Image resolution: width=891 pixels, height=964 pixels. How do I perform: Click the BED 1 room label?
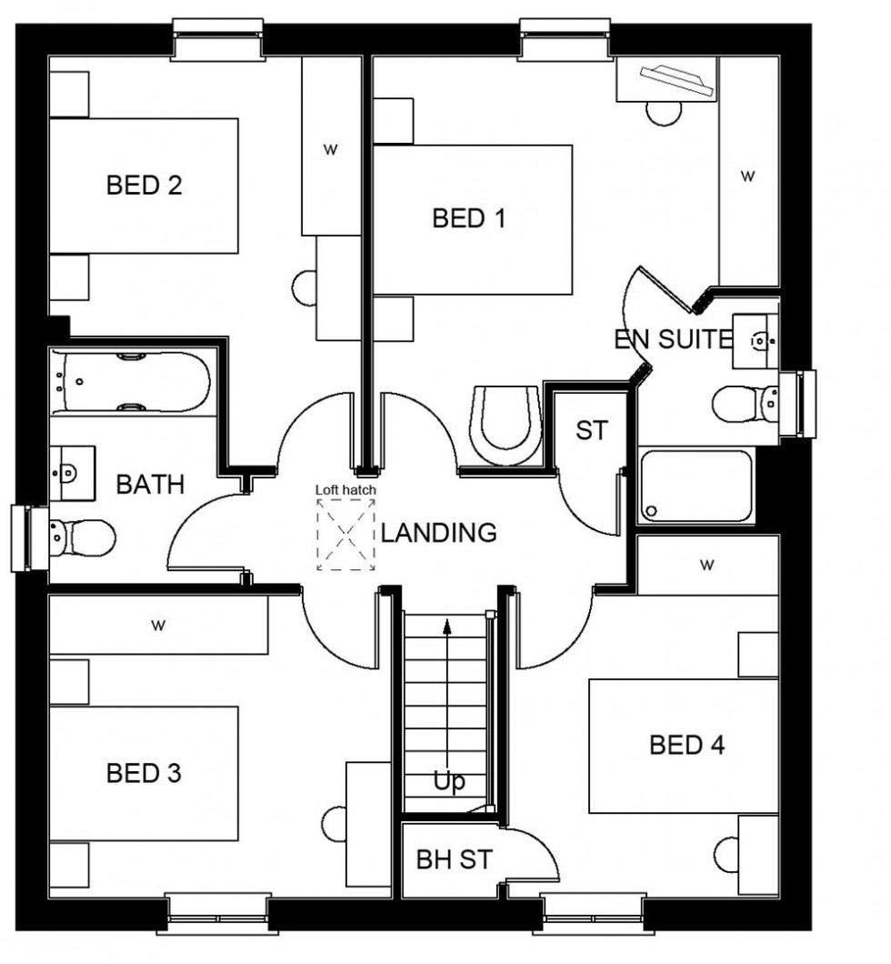coord(469,218)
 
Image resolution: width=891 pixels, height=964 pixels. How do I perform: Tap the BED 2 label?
coord(144,186)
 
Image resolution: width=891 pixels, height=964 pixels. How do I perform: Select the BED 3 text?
coord(144,774)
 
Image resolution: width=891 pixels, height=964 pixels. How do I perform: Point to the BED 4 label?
coord(687,746)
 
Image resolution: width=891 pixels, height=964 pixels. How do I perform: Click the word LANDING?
coord(438,533)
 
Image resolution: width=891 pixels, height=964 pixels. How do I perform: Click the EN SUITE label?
coord(673,340)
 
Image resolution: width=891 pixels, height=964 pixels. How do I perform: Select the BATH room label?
coord(150,484)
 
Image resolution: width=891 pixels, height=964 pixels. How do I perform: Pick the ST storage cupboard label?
coord(591,430)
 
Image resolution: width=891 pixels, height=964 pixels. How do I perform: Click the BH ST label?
coord(454,859)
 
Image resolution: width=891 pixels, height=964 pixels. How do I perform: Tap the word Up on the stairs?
coord(449,782)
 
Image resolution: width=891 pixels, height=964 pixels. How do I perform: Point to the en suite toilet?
coord(746,403)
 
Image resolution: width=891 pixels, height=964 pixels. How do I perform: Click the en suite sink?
coord(756,340)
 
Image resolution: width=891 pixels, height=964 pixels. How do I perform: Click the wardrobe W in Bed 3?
coord(158,625)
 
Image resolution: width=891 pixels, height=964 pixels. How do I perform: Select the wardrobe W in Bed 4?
coord(706,565)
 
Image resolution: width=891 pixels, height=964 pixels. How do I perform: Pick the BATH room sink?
coord(72,473)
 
